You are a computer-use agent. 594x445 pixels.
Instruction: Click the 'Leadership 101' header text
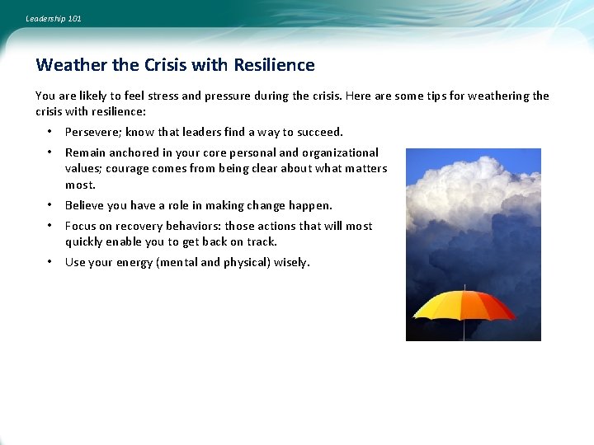pyautogui.click(x=54, y=18)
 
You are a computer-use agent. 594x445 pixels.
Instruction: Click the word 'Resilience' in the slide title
pyautogui.click(x=274, y=65)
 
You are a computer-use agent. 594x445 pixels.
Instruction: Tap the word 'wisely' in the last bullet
pyautogui.click(x=290, y=262)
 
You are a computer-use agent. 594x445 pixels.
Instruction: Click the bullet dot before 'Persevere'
pyautogui.click(x=49, y=132)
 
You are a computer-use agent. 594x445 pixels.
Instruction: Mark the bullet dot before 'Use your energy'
pyautogui.click(x=49, y=262)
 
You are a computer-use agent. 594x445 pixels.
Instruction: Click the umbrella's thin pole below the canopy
pyautogui.click(x=464, y=330)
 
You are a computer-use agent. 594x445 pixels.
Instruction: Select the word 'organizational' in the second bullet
pyautogui.click(x=341, y=152)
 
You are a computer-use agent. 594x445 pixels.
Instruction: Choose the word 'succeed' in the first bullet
pyautogui.click(x=318, y=132)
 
